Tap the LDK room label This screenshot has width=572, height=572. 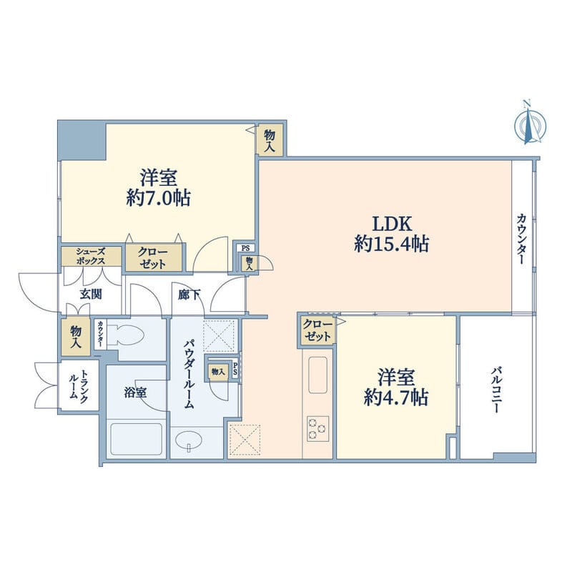pos(391,224)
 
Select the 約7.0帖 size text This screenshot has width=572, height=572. pos(158,199)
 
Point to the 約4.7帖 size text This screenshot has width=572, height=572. pos(396,398)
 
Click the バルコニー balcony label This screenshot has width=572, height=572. pos(495,390)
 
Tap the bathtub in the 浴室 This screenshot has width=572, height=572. pos(136,439)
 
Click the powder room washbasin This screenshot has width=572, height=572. pos(188,440)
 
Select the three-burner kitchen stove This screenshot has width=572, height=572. pos(317,428)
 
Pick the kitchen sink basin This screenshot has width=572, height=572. pos(317,374)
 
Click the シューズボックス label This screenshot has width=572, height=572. pos(91,256)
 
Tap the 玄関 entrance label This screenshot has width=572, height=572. pos(91,295)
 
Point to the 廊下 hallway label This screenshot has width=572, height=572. pos(189,295)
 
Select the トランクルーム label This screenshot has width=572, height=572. pos(79,386)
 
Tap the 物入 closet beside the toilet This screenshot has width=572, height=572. pos(76,337)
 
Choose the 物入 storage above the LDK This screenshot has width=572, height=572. pos(270,140)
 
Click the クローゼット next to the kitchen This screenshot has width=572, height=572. pos(317,331)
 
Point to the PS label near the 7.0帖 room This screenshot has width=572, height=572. pos(245,248)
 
